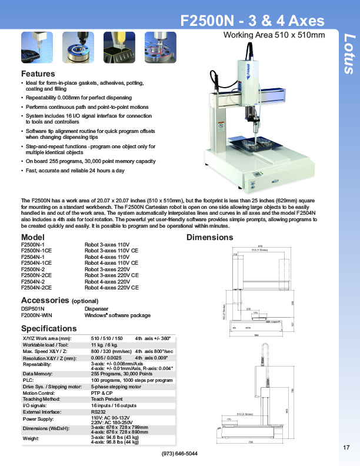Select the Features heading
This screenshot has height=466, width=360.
[x=38, y=74]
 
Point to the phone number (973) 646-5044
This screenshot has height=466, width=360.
[x=179, y=454]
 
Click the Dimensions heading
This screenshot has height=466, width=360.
[x=210, y=238]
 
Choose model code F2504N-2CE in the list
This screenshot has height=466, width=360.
[x=36, y=288]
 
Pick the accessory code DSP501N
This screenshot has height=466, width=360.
[x=33, y=308]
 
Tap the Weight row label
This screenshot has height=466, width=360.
[x=30, y=439]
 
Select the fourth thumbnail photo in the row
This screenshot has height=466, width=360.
[x=161, y=46]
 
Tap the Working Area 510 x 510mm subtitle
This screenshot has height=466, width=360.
[x=274, y=35]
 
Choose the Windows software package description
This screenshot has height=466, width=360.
[x=118, y=315]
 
